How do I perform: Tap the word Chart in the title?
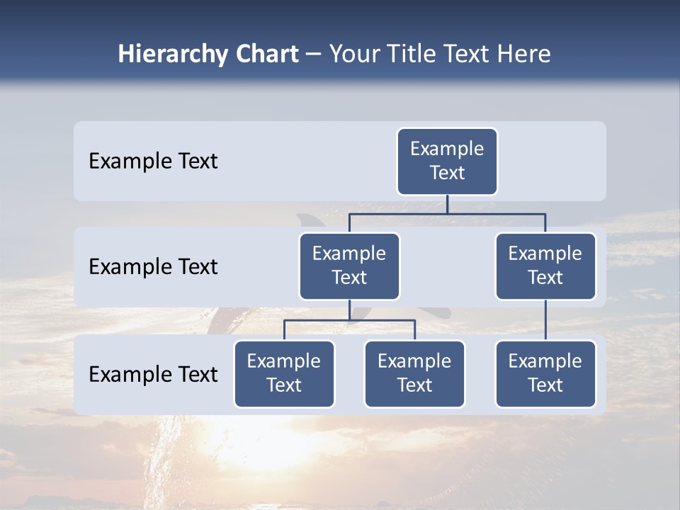tap(266, 55)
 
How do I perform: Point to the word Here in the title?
tap(523, 55)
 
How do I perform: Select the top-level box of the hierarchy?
tap(447, 161)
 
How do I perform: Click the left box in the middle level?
tap(349, 266)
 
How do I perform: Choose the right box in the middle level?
tap(545, 266)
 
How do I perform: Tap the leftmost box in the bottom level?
tap(284, 374)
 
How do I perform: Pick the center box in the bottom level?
tap(414, 374)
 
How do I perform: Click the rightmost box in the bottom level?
tap(545, 374)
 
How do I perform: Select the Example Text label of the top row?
tap(153, 161)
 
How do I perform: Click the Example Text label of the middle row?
tap(153, 267)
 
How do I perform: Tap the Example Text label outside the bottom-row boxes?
tap(153, 374)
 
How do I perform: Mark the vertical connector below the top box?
tap(447, 204)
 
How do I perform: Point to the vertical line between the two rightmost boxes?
tap(545, 320)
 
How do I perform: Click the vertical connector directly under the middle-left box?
tap(349, 310)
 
